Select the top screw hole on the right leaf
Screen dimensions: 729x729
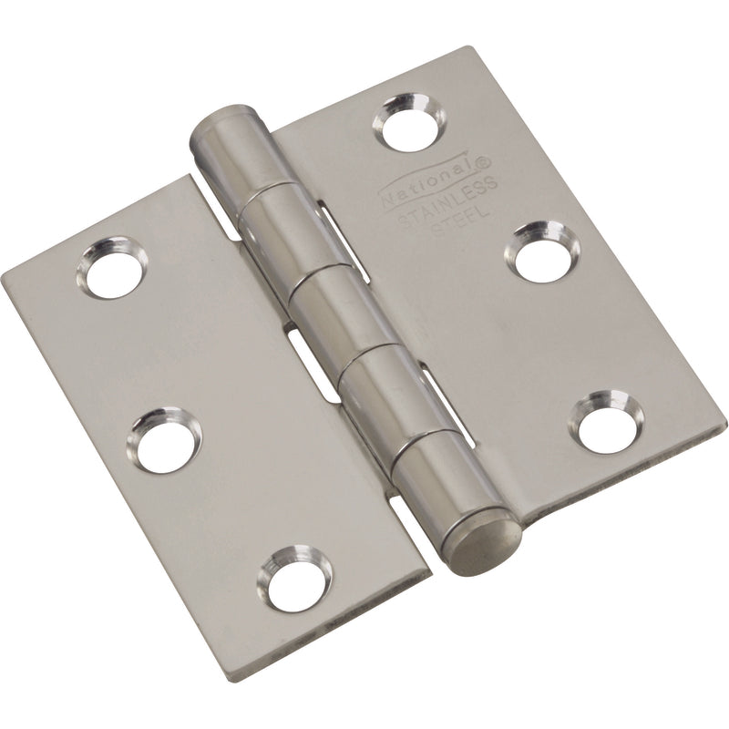pyautogui.click(x=409, y=121)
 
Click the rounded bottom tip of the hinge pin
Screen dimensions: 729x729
pyautogui.click(x=486, y=546)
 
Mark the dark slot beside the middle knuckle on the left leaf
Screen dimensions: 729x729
pyautogui.click(x=298, y=343)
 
